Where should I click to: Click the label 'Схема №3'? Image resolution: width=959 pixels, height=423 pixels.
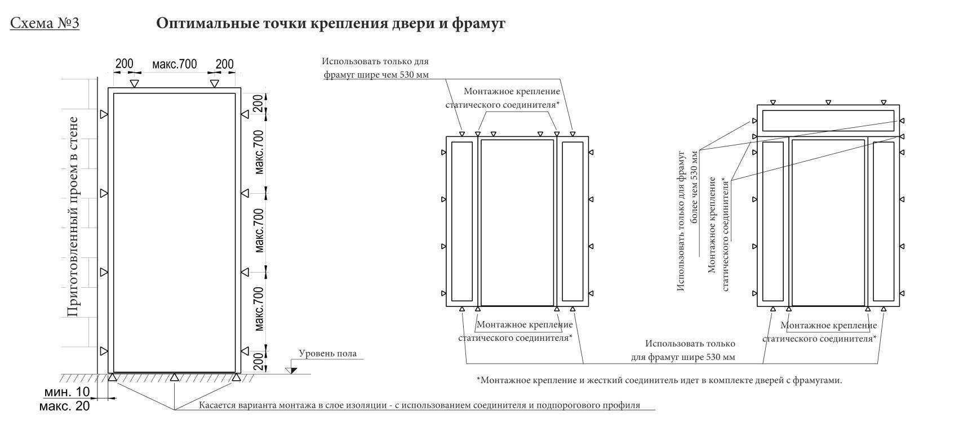(45, 23)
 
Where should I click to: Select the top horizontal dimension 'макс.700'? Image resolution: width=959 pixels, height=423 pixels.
(175, 64)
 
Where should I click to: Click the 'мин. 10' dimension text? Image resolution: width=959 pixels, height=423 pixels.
(67, 392)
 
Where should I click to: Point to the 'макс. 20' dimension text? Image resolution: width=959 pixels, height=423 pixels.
(65, 406)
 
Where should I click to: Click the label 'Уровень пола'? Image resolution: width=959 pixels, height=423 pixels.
(327, 353)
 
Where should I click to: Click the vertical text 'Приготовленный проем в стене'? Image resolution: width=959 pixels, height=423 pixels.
(73, 217)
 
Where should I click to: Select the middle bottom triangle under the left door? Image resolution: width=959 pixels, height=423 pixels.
(174, 377)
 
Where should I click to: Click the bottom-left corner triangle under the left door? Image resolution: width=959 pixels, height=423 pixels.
(112, 377)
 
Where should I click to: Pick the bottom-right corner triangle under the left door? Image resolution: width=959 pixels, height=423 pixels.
(236, 377)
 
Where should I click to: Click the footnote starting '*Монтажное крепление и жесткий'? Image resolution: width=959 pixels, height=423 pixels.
(659, 380)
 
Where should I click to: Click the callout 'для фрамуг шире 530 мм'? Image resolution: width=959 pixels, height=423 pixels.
(683, 357)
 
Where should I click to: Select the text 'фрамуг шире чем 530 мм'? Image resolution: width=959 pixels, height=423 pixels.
(376, 75)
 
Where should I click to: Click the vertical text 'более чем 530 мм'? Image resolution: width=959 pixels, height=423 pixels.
(694, 186)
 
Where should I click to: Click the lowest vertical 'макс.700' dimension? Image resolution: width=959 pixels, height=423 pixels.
(259, 309)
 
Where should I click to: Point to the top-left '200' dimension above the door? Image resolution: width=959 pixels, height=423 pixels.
(124, 64)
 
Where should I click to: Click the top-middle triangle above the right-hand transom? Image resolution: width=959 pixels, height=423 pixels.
(828, 103)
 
